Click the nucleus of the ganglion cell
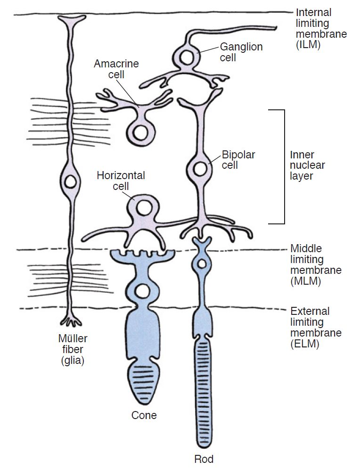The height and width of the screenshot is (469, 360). [187, 58]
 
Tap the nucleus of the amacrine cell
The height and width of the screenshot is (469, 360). [140, 132]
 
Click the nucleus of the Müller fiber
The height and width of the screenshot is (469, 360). [71, 181]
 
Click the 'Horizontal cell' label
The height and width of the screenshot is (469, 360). [121, 181]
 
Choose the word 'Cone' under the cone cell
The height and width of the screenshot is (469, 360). [144, 415]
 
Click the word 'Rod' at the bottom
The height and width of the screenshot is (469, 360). [204, 459]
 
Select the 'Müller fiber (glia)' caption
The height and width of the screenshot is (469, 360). [73, 350]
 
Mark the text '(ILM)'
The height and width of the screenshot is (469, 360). [305, 46]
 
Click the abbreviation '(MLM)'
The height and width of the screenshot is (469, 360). [306, 282]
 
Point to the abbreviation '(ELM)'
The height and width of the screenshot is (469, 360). [305, 345]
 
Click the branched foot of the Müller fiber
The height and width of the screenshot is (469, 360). [71, 321]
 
